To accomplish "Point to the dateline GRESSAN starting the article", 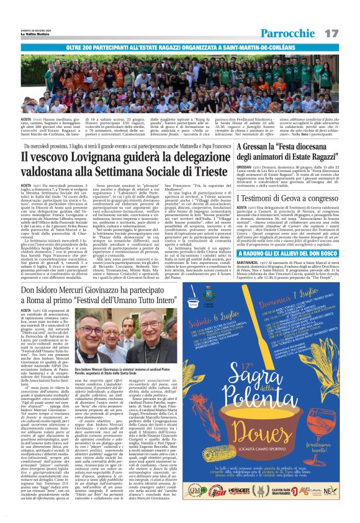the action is tap(247, 167).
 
